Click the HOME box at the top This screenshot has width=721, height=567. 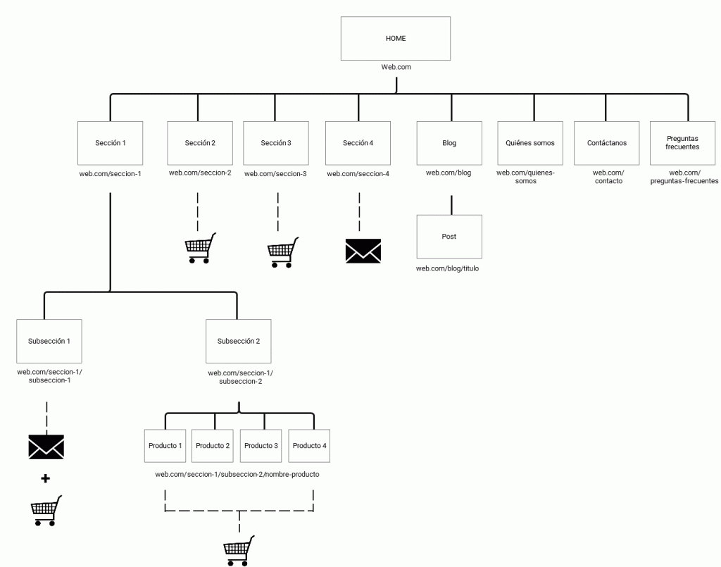tap(395, 38)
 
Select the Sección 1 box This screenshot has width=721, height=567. tap(111, 143)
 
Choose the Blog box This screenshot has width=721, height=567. tap(449, 143)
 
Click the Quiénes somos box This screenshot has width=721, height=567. tap(529, 143)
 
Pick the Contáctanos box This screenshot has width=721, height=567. tap(607, 143)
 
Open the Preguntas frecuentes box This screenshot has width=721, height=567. tap(682, 143)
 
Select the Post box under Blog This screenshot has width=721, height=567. tap(449, 237)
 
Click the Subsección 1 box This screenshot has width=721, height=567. tap(49, 341)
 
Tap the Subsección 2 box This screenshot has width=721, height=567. tap(238, 341)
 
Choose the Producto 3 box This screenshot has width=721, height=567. tap(261, 446)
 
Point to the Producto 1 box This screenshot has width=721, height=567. tap(165, 446)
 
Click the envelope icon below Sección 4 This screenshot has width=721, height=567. tap(363, 251)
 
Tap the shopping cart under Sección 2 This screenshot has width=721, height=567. tap(199, 249)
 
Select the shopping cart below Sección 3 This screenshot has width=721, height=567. tap(282, 252)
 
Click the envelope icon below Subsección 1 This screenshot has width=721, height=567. tap(46, 447)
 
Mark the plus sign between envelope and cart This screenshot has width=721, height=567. tap(46, 479)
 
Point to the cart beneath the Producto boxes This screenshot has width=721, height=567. tap(239, 551)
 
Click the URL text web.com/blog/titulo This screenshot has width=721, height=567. tap(447, 268)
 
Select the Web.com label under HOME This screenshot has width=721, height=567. tap(396, 68)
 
